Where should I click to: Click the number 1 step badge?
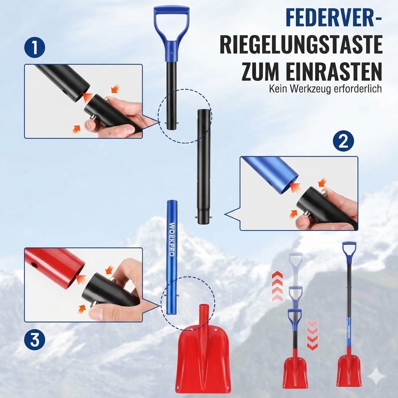pos(35,47)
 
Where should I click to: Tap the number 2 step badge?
pos(343,141)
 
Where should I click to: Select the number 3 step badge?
pos(35,340)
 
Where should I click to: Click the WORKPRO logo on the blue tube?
pos(171,239)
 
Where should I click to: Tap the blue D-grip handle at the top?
pos(171,33)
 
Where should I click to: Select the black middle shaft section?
pos(204,166)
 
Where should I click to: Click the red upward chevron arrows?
pos(277,286)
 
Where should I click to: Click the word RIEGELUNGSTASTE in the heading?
pos(301,45)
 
